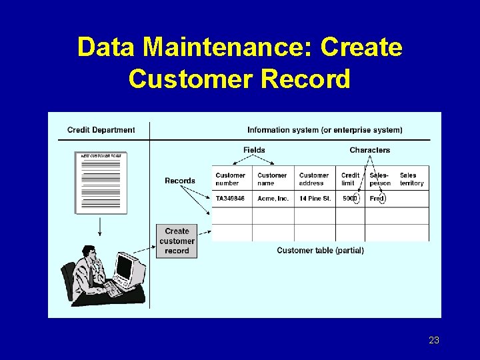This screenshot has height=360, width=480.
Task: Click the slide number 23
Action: click(x=434, y=341)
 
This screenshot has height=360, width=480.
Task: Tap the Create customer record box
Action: click(x=177, y=241)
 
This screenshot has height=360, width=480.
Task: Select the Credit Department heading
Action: click(x=101, y=130)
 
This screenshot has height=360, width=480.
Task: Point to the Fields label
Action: click(x=254, y=150)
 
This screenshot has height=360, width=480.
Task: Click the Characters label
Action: click(x=369, y=150)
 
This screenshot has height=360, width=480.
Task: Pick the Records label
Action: click(x=180, y=181)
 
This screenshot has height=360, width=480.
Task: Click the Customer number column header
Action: click(x=231, y=179)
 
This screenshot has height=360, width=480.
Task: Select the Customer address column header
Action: click(x=314, y=179)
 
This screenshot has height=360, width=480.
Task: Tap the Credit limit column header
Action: click(x=350, y=179)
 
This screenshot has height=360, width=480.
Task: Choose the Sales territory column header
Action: click(x=412, y=179)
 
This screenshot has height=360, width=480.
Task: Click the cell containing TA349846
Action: click(x=230, y=199)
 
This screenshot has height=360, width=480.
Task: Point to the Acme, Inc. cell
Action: click(x=273, y=199)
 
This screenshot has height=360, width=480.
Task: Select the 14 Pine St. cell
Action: click(x=315, y=199)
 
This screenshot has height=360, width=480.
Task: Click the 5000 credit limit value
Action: click(x=350, y=199)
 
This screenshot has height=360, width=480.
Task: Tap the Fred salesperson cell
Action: click(x=377, y=199)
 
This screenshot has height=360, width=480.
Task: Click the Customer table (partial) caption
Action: click(x=320, y=251)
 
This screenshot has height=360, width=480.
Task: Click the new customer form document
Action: click(x=100, y=182)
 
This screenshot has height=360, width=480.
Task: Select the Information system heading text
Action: click(x=325, y=130)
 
